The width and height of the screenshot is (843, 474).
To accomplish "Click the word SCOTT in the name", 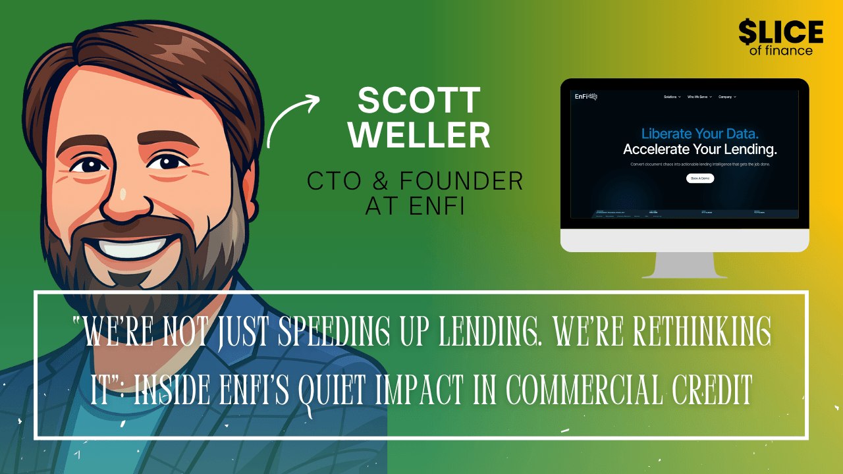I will click(x=419, y=101).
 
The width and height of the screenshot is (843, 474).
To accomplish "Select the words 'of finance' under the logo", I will click(x=780, y=51).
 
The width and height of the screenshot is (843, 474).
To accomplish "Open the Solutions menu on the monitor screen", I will click(x=672, y=97).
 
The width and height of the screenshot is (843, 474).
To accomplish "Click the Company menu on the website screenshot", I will click(x=727, y=97).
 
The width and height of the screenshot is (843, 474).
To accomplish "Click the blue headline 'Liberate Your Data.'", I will click(x=684, y=134).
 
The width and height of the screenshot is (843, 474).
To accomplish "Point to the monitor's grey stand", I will click(x=684, y=263).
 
